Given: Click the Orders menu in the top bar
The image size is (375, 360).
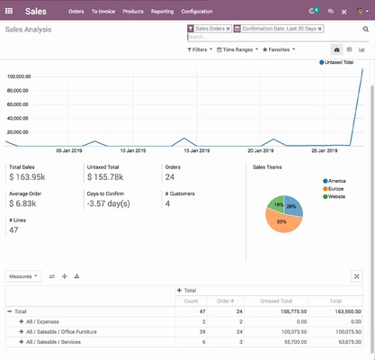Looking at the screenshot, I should point(76,11).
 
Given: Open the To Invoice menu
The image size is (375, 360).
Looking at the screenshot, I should point(103,11).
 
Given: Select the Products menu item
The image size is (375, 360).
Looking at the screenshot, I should point(133,11).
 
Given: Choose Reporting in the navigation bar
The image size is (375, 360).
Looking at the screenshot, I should point(163,11).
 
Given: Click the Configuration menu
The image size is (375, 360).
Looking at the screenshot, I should point(197,11).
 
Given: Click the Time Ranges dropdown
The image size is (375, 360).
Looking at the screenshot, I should point(238,49).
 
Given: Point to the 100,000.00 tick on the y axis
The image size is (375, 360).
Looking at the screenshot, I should point(19,76).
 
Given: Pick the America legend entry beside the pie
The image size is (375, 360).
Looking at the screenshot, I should point(335,181).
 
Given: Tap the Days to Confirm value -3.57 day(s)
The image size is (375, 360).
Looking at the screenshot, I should point(112,204).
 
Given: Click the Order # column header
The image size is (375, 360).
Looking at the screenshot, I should point(225,301).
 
